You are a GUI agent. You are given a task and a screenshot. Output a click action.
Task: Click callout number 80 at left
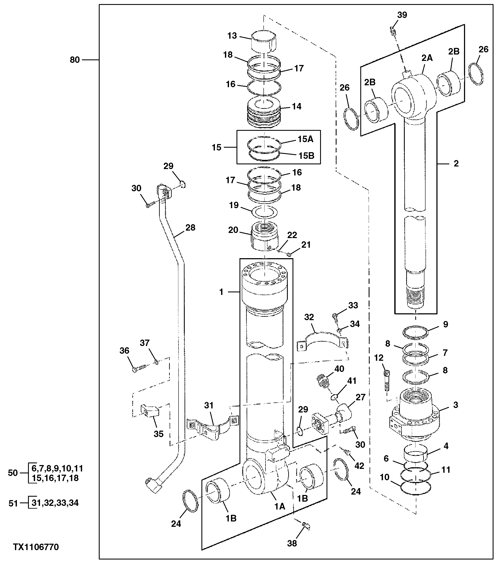[75, 60]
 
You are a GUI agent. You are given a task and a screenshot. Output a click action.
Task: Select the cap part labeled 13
[264, 41]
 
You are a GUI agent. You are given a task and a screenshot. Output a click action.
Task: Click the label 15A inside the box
[306, 139]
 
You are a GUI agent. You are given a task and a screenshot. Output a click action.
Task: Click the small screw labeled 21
[288, 255]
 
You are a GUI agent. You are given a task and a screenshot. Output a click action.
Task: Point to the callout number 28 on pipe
[190, 228]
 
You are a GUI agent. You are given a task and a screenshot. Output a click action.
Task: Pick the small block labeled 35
[150, 412]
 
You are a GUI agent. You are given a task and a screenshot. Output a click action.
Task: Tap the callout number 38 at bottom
[292, 543]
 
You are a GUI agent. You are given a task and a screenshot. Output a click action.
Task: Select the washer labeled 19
[264, 212]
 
